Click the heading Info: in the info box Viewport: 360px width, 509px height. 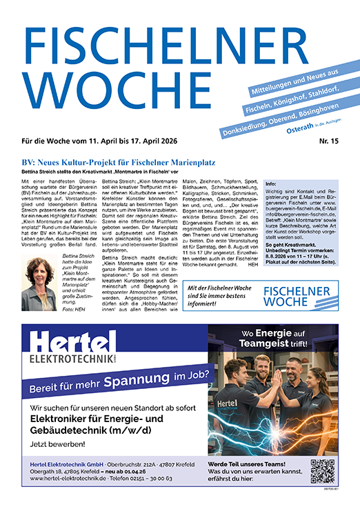click(x=271, y=185)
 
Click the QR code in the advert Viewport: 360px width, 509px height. click(x=322, y=471)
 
